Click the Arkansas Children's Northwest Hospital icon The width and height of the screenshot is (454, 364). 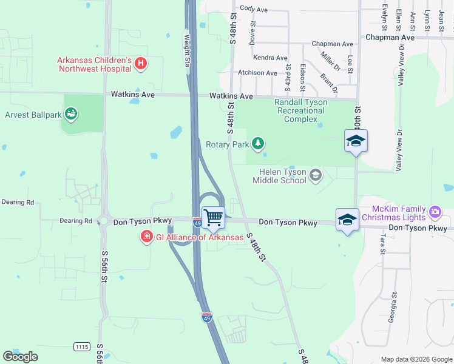click(x=140, y=63)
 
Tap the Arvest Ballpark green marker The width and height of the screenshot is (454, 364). click(x=71, y=113)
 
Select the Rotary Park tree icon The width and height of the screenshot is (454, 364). click(x=259, y=143)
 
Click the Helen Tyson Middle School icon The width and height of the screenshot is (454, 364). click(x=315, y=176)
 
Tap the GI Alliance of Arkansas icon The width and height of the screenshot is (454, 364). click(x=146, y=237)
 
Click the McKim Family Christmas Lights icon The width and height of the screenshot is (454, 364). click(x=434, y=212)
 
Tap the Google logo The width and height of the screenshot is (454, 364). click(x=20, y=356)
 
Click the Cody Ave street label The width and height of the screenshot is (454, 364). click(x=254, y=9)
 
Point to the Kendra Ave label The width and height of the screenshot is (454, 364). click(x=271, y=58)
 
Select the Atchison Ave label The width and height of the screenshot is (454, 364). click(x=257, y=73)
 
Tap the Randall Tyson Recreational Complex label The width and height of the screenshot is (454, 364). click(x=301, y=110)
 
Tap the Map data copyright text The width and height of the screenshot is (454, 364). click(x=416, y=359)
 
